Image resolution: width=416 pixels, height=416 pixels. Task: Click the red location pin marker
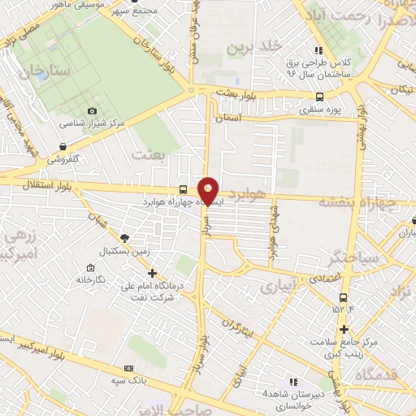point(209,191)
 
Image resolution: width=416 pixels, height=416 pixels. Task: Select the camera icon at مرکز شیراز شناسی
point(91,110)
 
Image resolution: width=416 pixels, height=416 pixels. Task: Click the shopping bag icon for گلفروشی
point(63,146)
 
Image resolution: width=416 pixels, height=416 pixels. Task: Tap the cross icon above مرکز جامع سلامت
point(345,328)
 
